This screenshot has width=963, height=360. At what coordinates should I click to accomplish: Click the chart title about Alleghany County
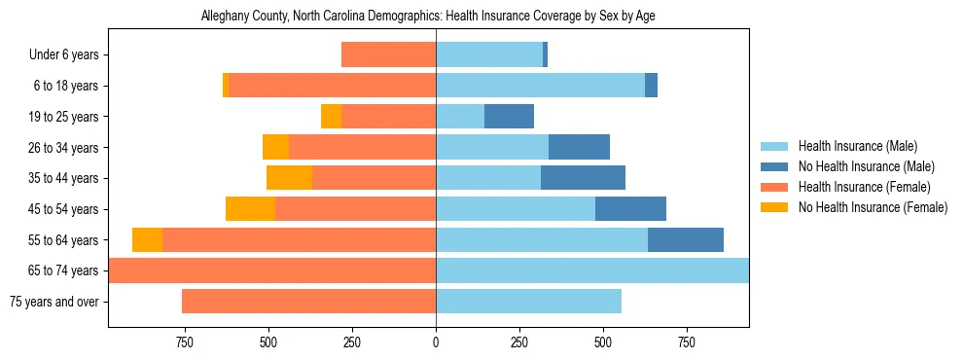(435, 17)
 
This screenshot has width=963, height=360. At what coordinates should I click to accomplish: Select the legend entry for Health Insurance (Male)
(857, 146)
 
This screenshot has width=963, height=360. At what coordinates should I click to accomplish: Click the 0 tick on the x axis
(436, 342)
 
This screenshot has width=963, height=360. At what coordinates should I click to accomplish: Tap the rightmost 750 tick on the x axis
(686, 342)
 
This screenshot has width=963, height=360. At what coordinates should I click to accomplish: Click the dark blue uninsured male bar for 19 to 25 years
(509, 117)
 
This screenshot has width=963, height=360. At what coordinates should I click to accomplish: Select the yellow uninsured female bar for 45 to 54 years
(250, 209)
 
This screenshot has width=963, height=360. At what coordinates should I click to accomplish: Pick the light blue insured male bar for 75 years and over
(528, 302)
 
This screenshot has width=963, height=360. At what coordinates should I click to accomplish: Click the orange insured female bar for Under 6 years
(388, 55)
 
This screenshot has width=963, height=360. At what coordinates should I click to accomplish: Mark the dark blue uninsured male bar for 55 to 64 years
(686, 240)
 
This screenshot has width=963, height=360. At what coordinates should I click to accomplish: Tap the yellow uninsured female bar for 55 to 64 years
(147, 240)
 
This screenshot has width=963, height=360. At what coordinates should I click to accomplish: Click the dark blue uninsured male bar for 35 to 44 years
(583, 178)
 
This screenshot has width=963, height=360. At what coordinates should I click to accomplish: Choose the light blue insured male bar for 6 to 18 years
(540, 86)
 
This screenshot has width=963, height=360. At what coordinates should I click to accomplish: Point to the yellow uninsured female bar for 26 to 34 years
(275, 148)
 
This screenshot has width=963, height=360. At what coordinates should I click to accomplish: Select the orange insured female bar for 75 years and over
(308, 302)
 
